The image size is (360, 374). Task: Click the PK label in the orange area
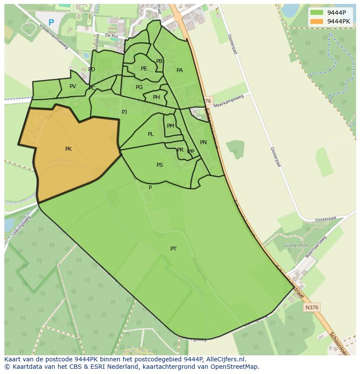tap(68, 149)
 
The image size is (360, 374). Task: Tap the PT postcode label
tap(173, 249)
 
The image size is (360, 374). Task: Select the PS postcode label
tap(160, 165)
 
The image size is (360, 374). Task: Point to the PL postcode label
tap(150, 134)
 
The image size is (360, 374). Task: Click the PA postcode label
tap(180, 70)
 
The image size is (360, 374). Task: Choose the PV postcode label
tap(73, 86)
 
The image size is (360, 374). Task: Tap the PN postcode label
tap(203, 142)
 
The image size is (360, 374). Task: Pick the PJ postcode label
tap(124, 112)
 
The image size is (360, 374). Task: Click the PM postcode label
tap(170, 126)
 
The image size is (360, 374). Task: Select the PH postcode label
tap(156, 97)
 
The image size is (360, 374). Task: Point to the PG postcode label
tap(139, 87)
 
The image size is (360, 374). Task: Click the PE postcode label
tap(144, 69)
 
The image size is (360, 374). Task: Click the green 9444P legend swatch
tap(317, 13)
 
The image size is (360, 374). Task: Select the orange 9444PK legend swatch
tap(317, 21)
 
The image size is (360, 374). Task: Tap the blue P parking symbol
tap(51, 23)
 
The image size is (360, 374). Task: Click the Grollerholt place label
tap(296, 245)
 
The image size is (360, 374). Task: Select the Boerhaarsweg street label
tap(316, 246)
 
